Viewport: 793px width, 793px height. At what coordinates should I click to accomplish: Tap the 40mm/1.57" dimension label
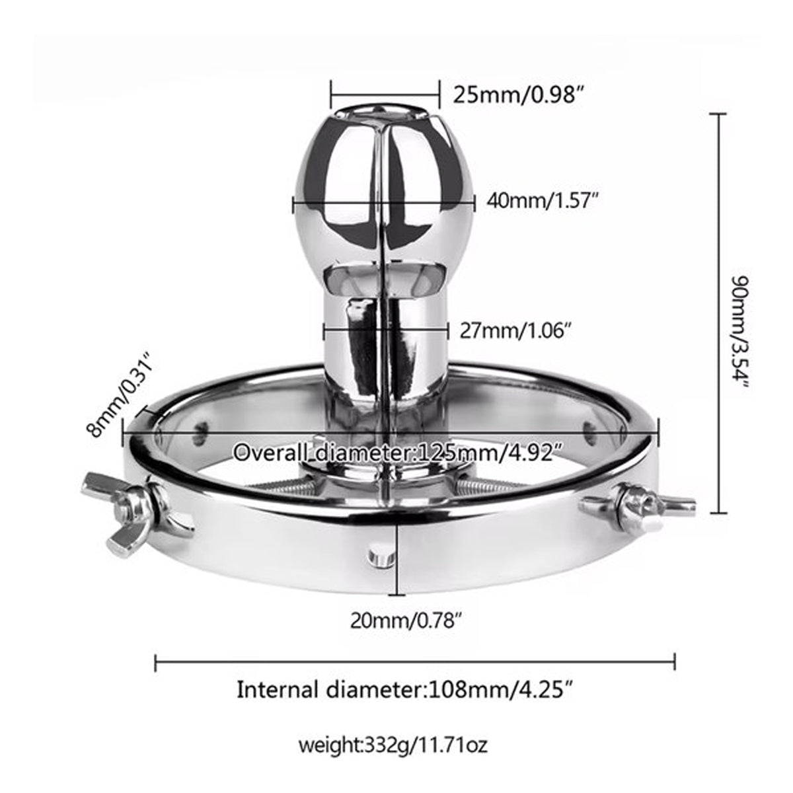[x=542, y=202]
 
